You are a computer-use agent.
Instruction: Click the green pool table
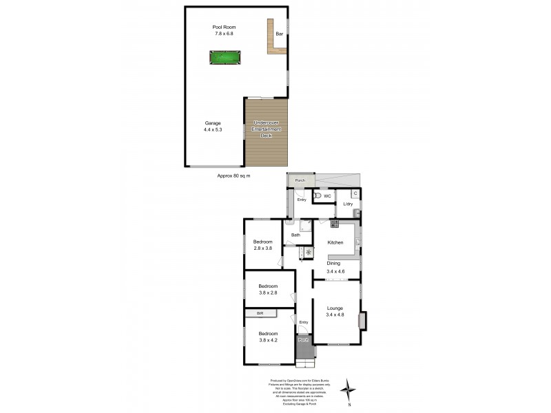click(x=224, y=58)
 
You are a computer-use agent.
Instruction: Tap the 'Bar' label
click(x=279, y=34)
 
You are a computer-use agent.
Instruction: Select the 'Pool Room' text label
click(x=223, y=28)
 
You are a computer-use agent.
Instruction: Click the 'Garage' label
click(x=212, y=123)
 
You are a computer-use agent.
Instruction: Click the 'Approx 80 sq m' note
click(x=233, y=176)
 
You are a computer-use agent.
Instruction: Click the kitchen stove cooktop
click(x=334, y=224)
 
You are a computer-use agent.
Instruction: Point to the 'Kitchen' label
click(x=335, y=242)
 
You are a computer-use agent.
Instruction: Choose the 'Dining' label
click(x=333, y=264)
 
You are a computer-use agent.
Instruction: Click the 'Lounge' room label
click(x=335, y=308)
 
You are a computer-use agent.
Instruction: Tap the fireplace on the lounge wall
click(x=362, y=320)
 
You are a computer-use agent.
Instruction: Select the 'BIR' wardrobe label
click(x=260, y=314)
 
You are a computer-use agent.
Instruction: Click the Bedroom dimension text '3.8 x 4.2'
click(x=268, y=339)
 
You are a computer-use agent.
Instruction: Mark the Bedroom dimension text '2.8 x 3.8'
click(x=262, y=248)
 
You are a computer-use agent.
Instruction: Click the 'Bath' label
click(x=295, y=235)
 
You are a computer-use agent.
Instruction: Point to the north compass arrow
click(x=351, y=389)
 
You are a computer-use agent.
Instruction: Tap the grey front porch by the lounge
click(x=303, y=340)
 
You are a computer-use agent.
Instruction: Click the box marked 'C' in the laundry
click(x=355, y=193)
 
